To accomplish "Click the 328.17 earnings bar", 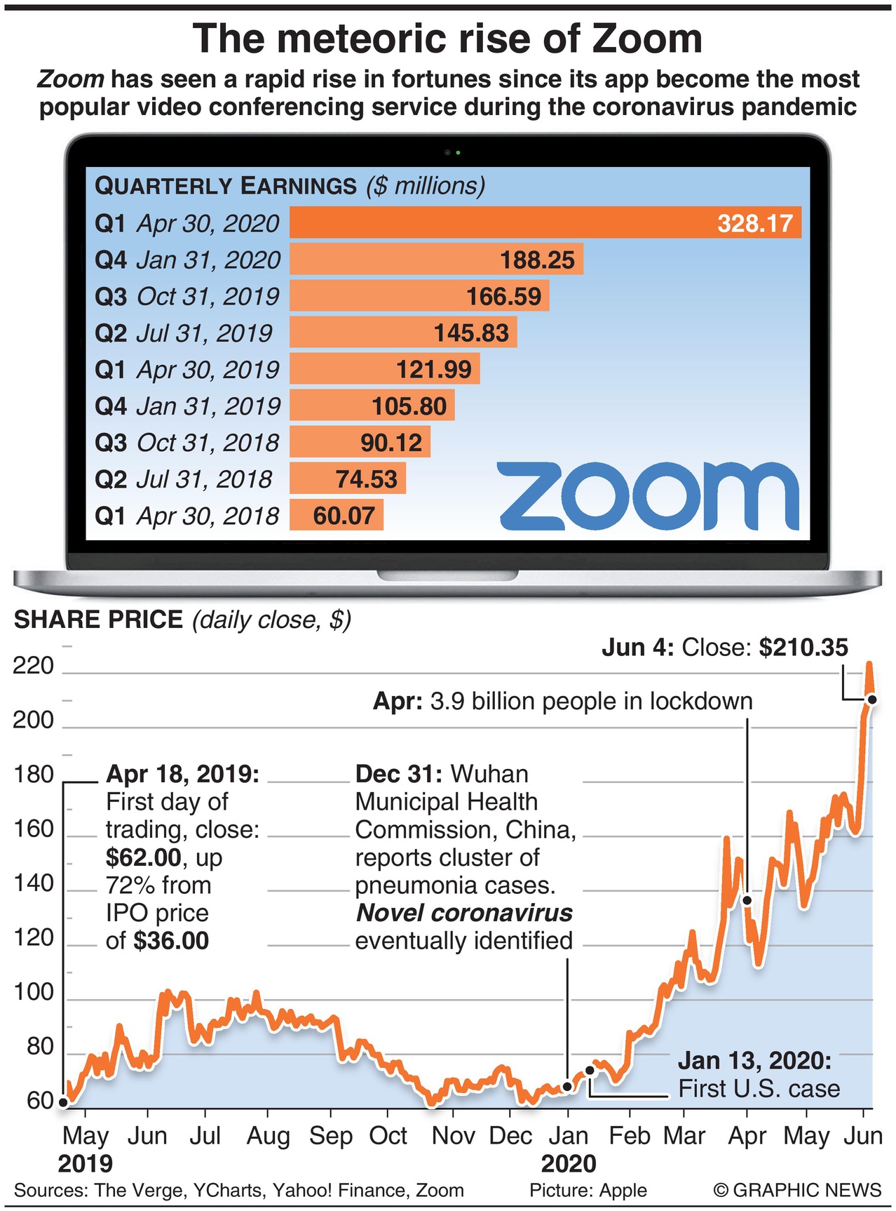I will (x=545, y=223).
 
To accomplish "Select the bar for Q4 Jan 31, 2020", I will (x=435, y=260).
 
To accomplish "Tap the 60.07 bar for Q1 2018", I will (x=336, y=516).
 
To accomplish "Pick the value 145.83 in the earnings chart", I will (x=471, y=333).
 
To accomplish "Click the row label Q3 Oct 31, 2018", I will (x=186, y=443).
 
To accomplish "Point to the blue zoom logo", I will (x=648, y=497).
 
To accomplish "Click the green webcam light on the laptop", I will (x=458, y=152).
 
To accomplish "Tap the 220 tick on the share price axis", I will (x=34, y=665).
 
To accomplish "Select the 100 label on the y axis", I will (x=34, y=992).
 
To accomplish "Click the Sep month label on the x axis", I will (x=331, y=1136).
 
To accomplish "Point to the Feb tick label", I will (x=630, y=1136).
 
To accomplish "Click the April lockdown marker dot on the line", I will (x=747, y=900).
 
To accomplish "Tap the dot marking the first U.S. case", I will (x=590, y=1070).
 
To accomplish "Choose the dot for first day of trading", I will (x=64, y=1102).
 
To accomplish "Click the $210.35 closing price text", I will (x=803, y=648).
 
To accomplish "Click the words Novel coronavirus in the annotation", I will (x=464, y=913).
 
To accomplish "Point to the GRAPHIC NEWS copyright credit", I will (x=798, y=1191).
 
